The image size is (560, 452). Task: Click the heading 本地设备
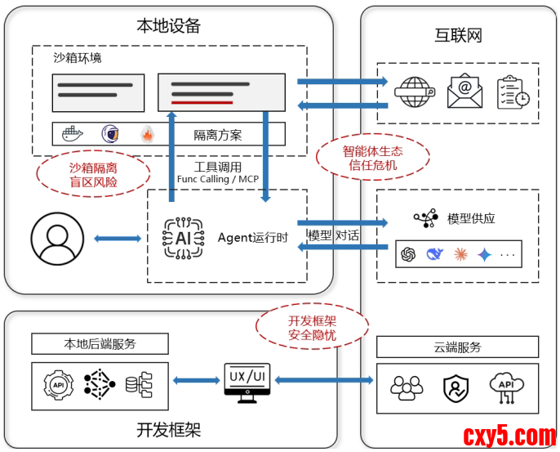[168, 25]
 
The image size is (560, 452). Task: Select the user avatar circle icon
[57, 239]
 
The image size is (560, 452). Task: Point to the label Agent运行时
[252, 238]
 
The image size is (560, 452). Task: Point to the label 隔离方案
[217, 135]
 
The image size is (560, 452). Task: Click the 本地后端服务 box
[100, 343]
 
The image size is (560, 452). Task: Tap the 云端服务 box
[457, 347]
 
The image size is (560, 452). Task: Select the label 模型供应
[471, 218]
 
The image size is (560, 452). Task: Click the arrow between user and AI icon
[118, 239]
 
